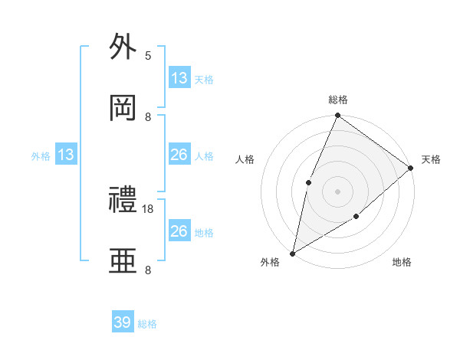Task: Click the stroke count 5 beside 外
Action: tap(148, 55)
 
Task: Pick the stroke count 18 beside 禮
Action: tap(148, 208)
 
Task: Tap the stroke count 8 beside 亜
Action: tap(148, 270)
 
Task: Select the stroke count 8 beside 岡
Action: tap(148, 116)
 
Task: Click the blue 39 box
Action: tap(123, 322)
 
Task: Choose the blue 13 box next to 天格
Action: tap(179, 78)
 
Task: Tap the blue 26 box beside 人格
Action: tap(179, 155)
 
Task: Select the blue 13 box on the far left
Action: tap(66, 155)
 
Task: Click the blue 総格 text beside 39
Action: tap(147, 324)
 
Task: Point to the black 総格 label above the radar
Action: tap(337, 100)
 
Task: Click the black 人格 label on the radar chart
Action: tap(245, 159)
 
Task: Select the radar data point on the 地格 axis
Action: tap(356, 218)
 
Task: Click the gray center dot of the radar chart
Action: tap(337, 191)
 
